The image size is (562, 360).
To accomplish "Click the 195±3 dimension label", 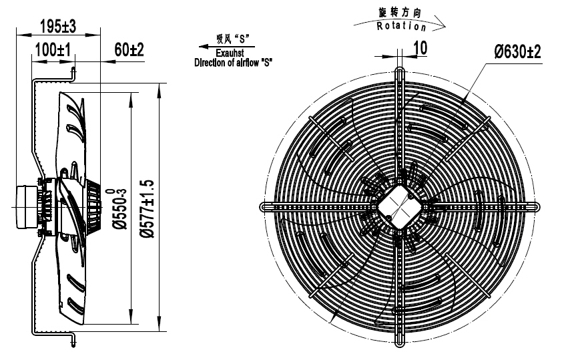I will click(58, 26).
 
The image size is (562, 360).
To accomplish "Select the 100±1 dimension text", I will click(53, 49).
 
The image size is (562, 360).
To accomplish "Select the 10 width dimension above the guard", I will click(420, 47).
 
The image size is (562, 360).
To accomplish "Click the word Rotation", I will click(401, 26).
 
